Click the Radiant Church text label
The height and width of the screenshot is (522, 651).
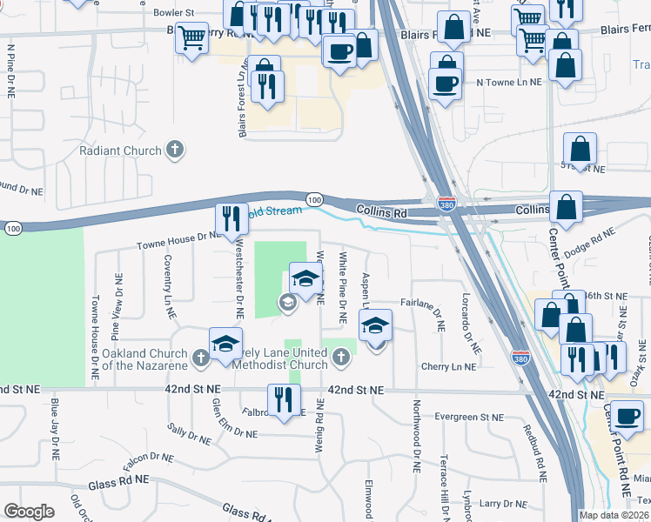pyautogui.click(x=120, y=151)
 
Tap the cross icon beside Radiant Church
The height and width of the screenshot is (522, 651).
pyautogui.click(x=175, y=150)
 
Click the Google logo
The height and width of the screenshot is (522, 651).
pyautogui.click(x=29, y=512)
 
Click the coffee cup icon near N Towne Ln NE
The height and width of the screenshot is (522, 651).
pyautogui.click(x=446, y=84)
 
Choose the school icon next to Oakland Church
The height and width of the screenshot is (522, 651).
pyautogui.click(x=225, y=342)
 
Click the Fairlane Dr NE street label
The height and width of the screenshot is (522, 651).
pyautogui.click(x=422, y=301)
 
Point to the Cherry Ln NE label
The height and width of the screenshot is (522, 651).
pyautogui.click(x=447, y=367)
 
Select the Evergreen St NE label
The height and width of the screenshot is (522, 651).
pyautogui.click(x=469, y=418)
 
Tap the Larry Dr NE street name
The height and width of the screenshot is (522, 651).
pyautogui.click(x=500, y=503)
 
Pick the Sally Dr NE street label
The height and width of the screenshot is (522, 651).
pyautogui.click(x=190, y=432)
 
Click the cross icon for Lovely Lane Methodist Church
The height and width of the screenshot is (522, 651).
pyautogui.click(x=340, y=357)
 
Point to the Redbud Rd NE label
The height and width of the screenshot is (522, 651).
pyautogui.click(x=534, y=452)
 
